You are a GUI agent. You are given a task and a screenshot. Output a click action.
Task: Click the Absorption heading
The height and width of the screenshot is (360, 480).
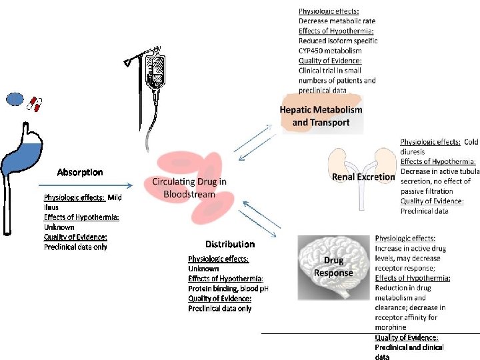pos(80,172)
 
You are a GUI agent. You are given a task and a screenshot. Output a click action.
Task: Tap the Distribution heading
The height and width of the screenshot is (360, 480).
pos(230,244)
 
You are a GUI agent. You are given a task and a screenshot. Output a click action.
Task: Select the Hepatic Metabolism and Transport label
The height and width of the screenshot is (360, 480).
pos(321,115)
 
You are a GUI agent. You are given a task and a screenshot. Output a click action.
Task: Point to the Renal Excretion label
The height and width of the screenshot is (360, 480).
pos(363,177)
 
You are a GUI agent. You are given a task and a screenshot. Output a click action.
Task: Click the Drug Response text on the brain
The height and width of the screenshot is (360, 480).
pos(333,267)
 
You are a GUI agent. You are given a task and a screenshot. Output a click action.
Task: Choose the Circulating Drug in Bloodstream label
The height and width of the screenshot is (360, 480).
pos(189,187)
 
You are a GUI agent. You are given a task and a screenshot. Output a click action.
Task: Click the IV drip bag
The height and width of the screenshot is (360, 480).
pos(156,70)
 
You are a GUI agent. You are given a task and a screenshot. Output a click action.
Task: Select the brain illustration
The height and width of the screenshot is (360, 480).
pos(333,263)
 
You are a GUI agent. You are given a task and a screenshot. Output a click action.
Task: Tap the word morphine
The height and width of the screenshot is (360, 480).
pos(391,327)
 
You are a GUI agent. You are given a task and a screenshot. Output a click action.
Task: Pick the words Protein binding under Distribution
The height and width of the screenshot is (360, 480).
pos(214,288)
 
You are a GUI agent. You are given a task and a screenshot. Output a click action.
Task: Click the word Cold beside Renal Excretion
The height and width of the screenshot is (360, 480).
pos(471,142)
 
